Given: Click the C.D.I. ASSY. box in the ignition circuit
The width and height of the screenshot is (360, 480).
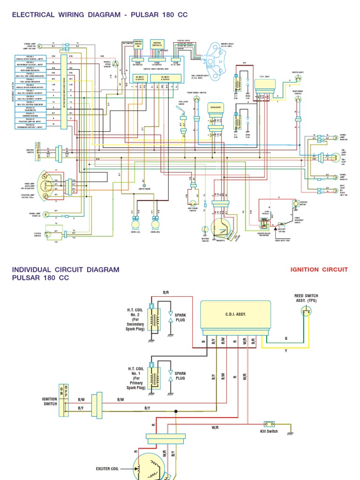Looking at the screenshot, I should [x=229, y=314].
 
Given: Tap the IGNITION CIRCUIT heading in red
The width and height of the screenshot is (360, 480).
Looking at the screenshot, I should [x=319, y=270].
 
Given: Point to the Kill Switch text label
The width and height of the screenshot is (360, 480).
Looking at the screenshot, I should [x=269, y=431].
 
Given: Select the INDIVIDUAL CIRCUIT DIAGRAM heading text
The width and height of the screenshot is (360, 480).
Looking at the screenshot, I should [x=66, y=270].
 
